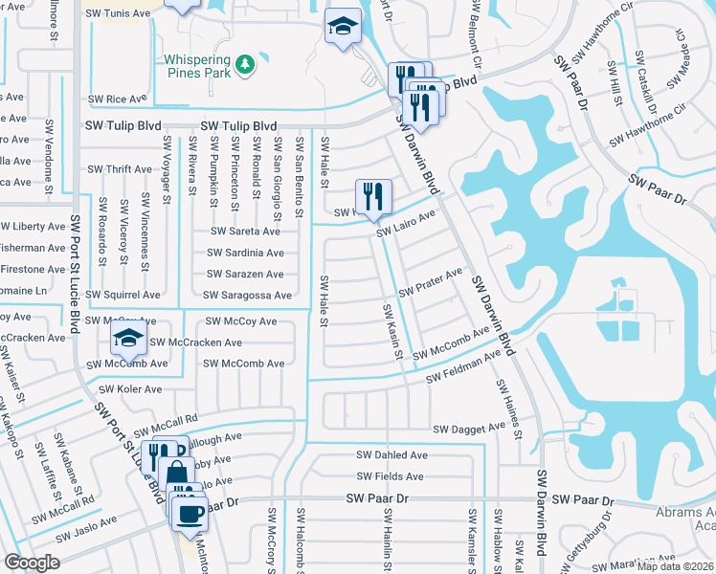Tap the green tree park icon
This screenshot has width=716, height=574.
point(247,63)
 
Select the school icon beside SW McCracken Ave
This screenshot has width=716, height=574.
point(127,338)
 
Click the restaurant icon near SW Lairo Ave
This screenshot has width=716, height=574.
point(373,197)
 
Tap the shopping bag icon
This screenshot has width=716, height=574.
point(177,472)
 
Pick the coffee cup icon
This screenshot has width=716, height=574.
point(189,514)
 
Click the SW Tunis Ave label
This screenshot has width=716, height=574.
point(120,14)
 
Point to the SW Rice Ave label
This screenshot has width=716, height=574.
point(118,99)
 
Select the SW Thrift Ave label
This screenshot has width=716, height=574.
point(119,169)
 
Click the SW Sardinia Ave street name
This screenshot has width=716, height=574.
point(245,254)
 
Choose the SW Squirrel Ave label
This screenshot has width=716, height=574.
point(123,296)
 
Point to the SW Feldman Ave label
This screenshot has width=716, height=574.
point(464,367)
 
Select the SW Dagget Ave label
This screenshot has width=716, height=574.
point(469,430)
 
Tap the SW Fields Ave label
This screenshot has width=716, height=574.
point(392,476)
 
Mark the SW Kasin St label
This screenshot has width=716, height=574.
point(392,333)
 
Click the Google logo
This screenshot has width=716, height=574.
point(32,563)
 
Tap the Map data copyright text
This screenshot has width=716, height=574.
point(674,566)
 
